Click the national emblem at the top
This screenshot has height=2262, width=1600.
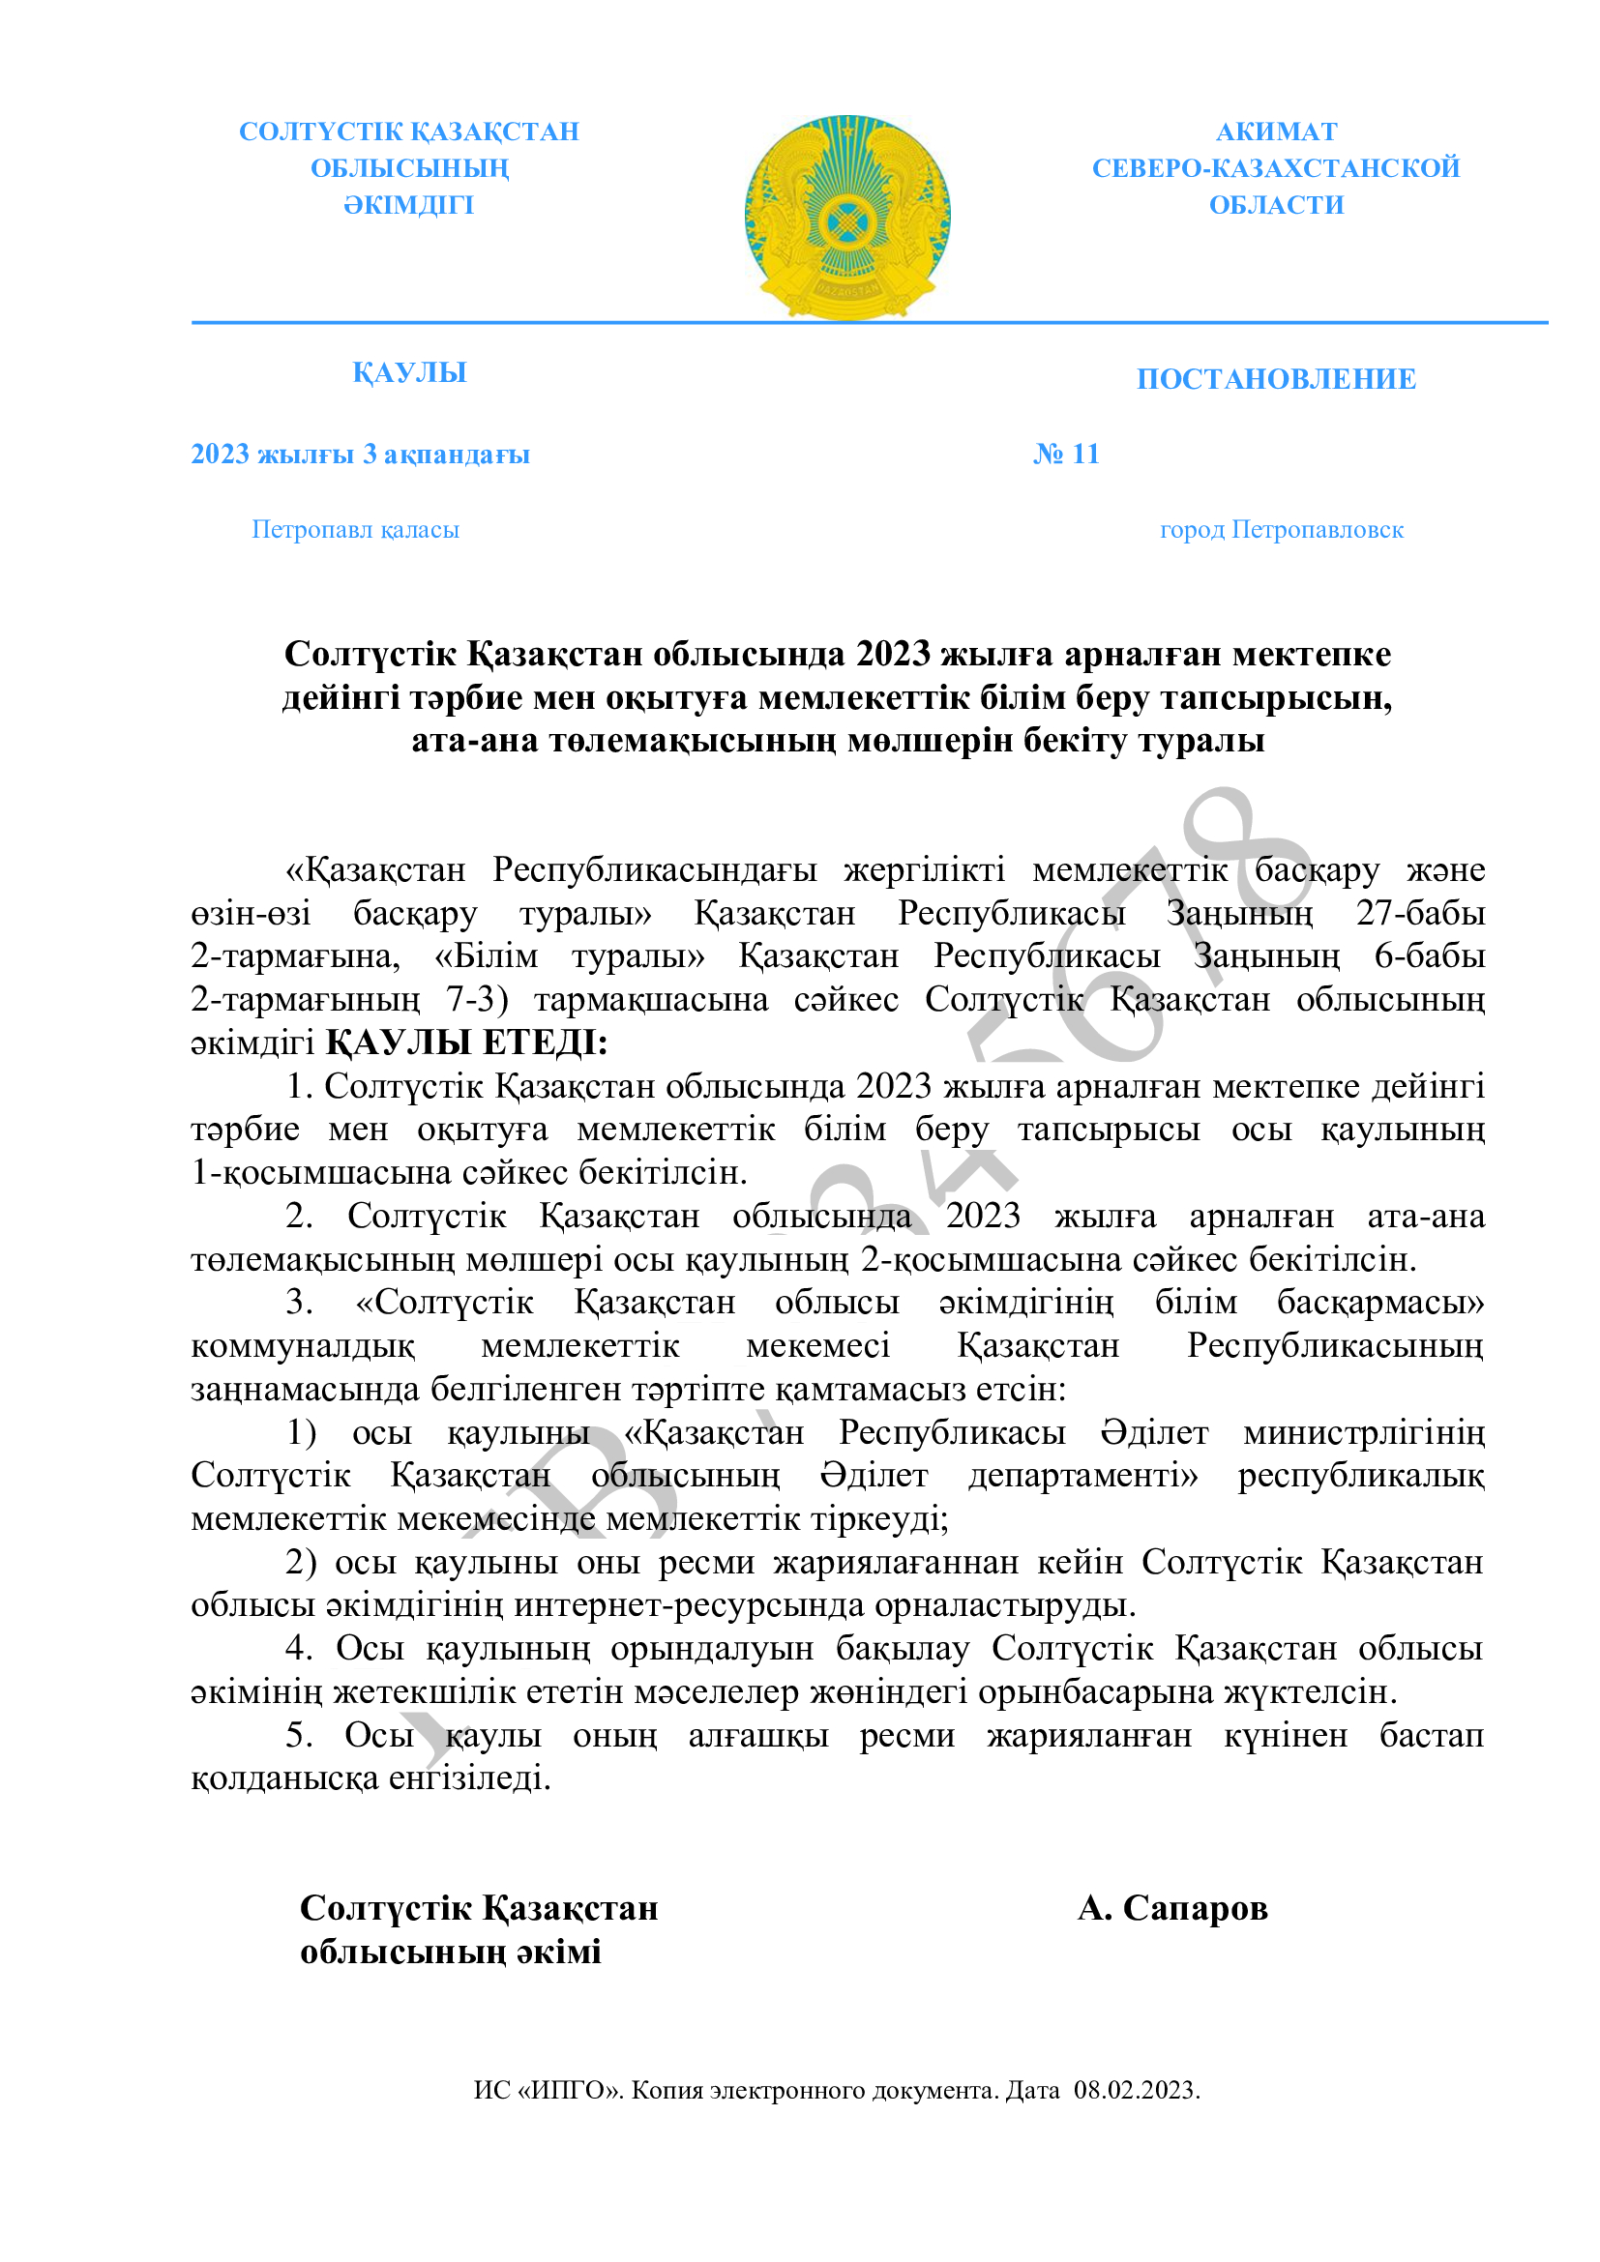[x=846, y=217]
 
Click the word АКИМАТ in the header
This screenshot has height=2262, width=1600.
[x=1276, y=131]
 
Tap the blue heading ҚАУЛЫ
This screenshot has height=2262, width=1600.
[x=409, y=372]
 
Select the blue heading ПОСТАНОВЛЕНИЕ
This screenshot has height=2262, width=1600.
[x=1276, y=379]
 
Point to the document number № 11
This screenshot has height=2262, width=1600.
[x=1066, y=455]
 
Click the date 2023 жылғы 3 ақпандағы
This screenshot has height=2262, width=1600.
[x=360, y=455]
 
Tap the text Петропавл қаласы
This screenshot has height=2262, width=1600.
[x=355, y=530]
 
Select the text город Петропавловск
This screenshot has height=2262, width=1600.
[x=1281, y=530]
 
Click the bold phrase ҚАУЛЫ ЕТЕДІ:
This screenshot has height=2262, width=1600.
[x=466, y=1043]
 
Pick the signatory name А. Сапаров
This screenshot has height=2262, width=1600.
[x=1171, y=1908]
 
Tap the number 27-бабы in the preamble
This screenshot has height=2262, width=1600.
[x=1420, y=913]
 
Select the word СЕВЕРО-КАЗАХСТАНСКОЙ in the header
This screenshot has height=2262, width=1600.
[x=1276, y=168]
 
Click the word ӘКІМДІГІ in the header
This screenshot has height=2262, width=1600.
[x=409, y=205]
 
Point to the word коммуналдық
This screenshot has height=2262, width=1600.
[x=303, y=1346]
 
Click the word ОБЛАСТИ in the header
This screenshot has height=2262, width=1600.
[x=1276, y=205]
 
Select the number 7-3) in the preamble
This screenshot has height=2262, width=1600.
[x=477, y=999]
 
